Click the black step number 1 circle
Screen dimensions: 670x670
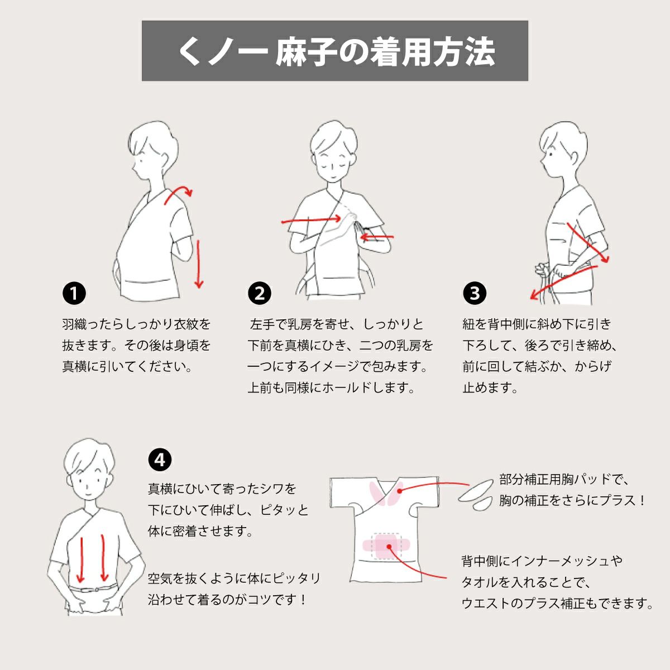tap(74, 294)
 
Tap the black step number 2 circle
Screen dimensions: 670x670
tap(260, 294)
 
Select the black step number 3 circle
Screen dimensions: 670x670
tap(475, 294)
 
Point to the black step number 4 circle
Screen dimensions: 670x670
tap(160, 460)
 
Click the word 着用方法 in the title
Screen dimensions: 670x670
tap(432, 52)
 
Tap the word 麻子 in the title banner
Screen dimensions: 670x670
tap(307, 52)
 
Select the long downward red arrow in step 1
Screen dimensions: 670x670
tap(199, 264)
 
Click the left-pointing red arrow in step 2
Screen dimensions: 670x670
tap(377, 237)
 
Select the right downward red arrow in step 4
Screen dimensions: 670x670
tap(104, 558)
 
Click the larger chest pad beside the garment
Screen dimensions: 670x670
tap(476, 490)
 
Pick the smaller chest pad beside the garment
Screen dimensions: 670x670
tap(482, 504)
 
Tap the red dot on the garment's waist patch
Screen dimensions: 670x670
tap(389, 547)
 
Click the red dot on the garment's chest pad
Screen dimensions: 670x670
tap(400, 491)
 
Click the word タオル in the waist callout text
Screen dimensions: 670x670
tap(480, 582)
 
